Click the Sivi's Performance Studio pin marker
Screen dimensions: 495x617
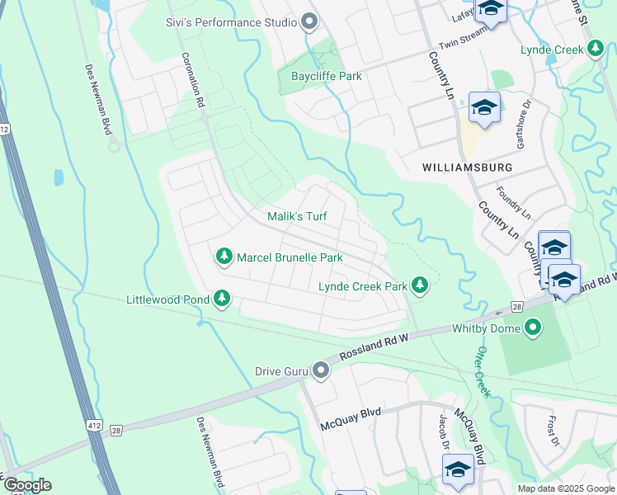[310, 21]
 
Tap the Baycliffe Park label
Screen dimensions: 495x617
[327, 76]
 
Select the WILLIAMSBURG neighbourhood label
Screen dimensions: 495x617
[467, 167]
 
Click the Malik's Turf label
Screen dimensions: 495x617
[297, 217]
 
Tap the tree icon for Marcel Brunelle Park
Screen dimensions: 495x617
[224, 257]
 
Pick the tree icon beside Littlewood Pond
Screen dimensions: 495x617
[221, 298]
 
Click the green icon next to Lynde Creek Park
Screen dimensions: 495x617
[421, 285]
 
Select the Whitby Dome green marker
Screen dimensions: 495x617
[533, 328]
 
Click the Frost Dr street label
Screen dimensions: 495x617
[552, 427]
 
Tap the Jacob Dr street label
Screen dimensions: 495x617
[444, 431]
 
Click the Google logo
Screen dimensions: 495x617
[26, 485]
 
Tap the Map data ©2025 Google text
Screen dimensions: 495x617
[565, 488]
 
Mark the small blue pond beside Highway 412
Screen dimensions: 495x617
[59, 177]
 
